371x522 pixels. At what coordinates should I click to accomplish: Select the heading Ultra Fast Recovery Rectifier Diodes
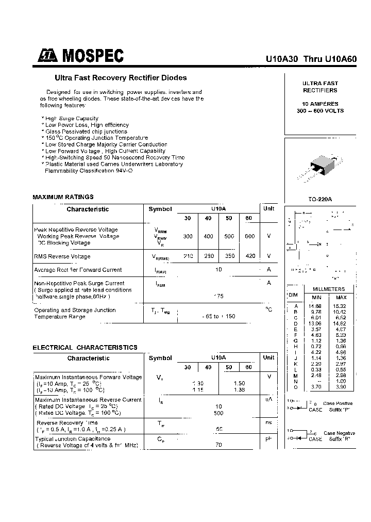tap(121, 78)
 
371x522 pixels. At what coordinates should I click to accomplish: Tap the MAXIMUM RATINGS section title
tap(63, 197)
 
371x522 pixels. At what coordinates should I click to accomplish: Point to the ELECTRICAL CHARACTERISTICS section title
tap(85, 348)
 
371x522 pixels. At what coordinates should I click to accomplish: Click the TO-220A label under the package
tap(320, 199)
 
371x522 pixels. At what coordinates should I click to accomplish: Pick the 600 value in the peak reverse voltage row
tap(249, 236)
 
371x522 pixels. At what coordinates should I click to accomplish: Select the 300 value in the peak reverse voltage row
tap(188, 236)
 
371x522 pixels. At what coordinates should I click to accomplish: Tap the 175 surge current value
tap(218, 296)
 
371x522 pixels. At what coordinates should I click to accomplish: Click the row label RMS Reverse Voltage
tap(62, 256)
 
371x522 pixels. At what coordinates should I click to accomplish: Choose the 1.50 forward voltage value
tap(239, 383)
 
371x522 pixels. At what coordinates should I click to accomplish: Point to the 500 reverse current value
tap(218, 413)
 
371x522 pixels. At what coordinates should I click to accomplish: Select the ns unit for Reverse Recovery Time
tap(268, 422)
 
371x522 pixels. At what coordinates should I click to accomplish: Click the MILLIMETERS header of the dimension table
tap(328, 289)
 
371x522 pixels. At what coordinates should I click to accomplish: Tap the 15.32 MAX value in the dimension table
tap(341, 306)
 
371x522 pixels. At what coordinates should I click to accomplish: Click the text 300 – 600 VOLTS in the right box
tap(320, 111)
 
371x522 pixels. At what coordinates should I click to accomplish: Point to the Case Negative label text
tap(340, 433)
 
